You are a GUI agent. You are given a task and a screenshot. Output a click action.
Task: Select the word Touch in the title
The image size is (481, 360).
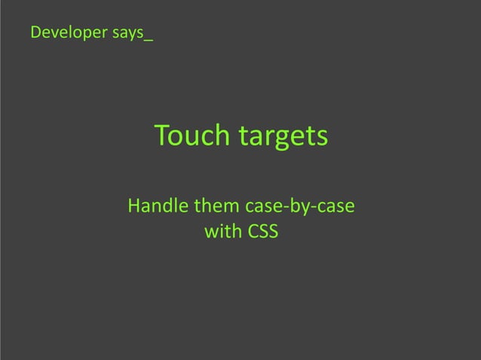[191, 136]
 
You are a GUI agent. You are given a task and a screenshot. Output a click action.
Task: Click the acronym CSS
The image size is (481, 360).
[262, 232]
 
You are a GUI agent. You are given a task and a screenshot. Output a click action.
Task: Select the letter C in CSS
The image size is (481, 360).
[253, 232]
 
